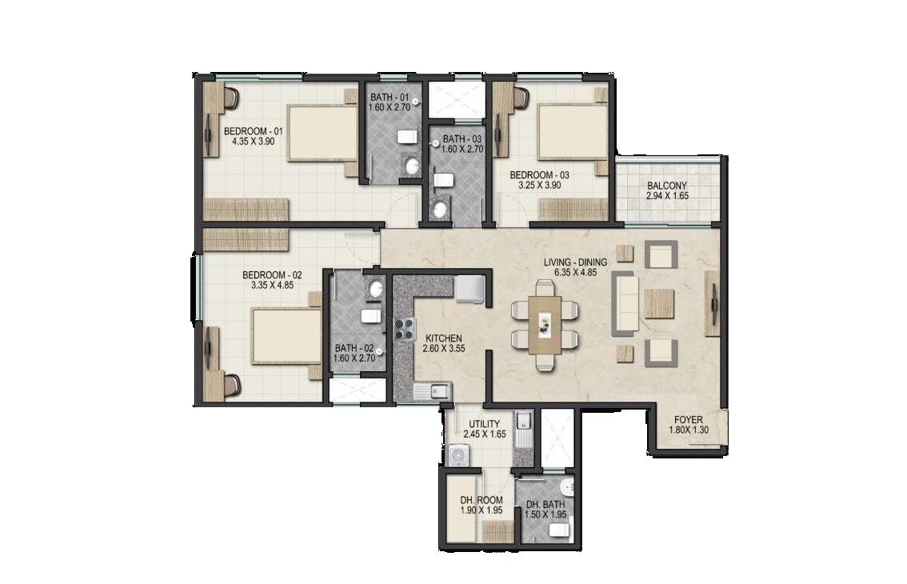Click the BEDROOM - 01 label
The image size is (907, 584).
[253, 131]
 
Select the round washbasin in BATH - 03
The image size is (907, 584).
[439, 210]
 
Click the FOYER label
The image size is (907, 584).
[688, 419]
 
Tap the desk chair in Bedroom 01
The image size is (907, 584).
[231, 98]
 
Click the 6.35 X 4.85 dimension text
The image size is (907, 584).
[575, 273]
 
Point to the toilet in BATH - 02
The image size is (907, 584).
[370, 316]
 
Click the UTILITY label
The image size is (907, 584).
[485, 424]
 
